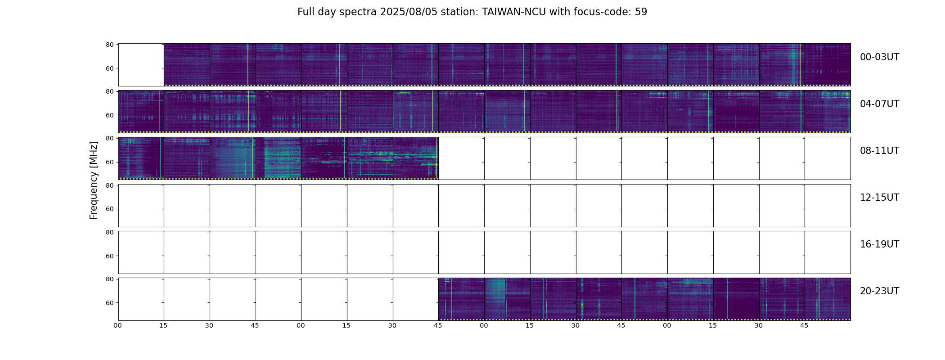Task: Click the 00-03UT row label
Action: point(879,57)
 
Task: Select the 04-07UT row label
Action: point(879,104)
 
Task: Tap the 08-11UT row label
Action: point(879,151)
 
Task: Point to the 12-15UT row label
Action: point(879,198)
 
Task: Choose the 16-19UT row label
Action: point(879,244)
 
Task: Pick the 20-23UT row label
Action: point(879,291)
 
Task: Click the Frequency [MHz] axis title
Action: point(94,180)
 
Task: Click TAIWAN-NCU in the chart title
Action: point(514,12)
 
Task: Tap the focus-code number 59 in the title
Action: point(641,12)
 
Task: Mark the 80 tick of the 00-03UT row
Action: point(109,45)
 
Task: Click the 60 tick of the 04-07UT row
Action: point(109,115)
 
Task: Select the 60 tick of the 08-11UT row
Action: point(109,162)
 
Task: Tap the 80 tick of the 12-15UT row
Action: point(109,185)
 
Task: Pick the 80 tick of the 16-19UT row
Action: point(109,232)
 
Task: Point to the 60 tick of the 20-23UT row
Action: point(109,303)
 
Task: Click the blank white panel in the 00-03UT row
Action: point(141,65)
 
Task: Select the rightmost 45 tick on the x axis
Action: point(804,325)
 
